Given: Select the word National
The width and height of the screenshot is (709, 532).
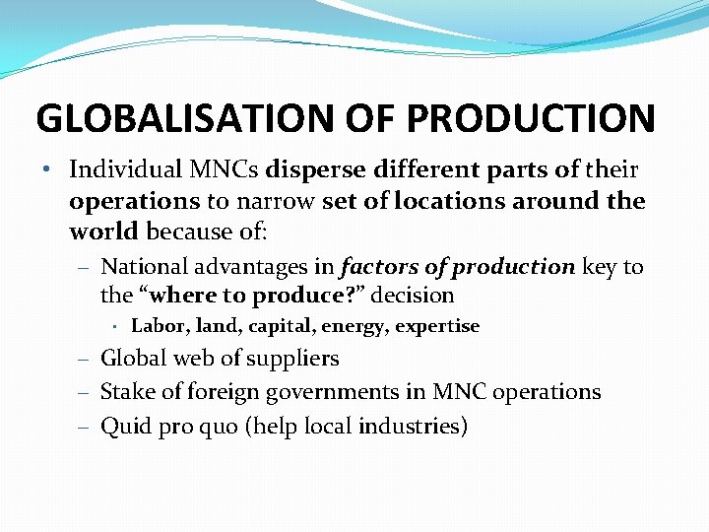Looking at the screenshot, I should tap(146, 266).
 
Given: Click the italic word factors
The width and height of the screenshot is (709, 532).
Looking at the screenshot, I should tap(379, 266).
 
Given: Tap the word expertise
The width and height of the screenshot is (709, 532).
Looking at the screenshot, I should tap(437, 326).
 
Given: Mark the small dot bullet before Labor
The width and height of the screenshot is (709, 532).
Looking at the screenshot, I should tap(115, 326).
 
